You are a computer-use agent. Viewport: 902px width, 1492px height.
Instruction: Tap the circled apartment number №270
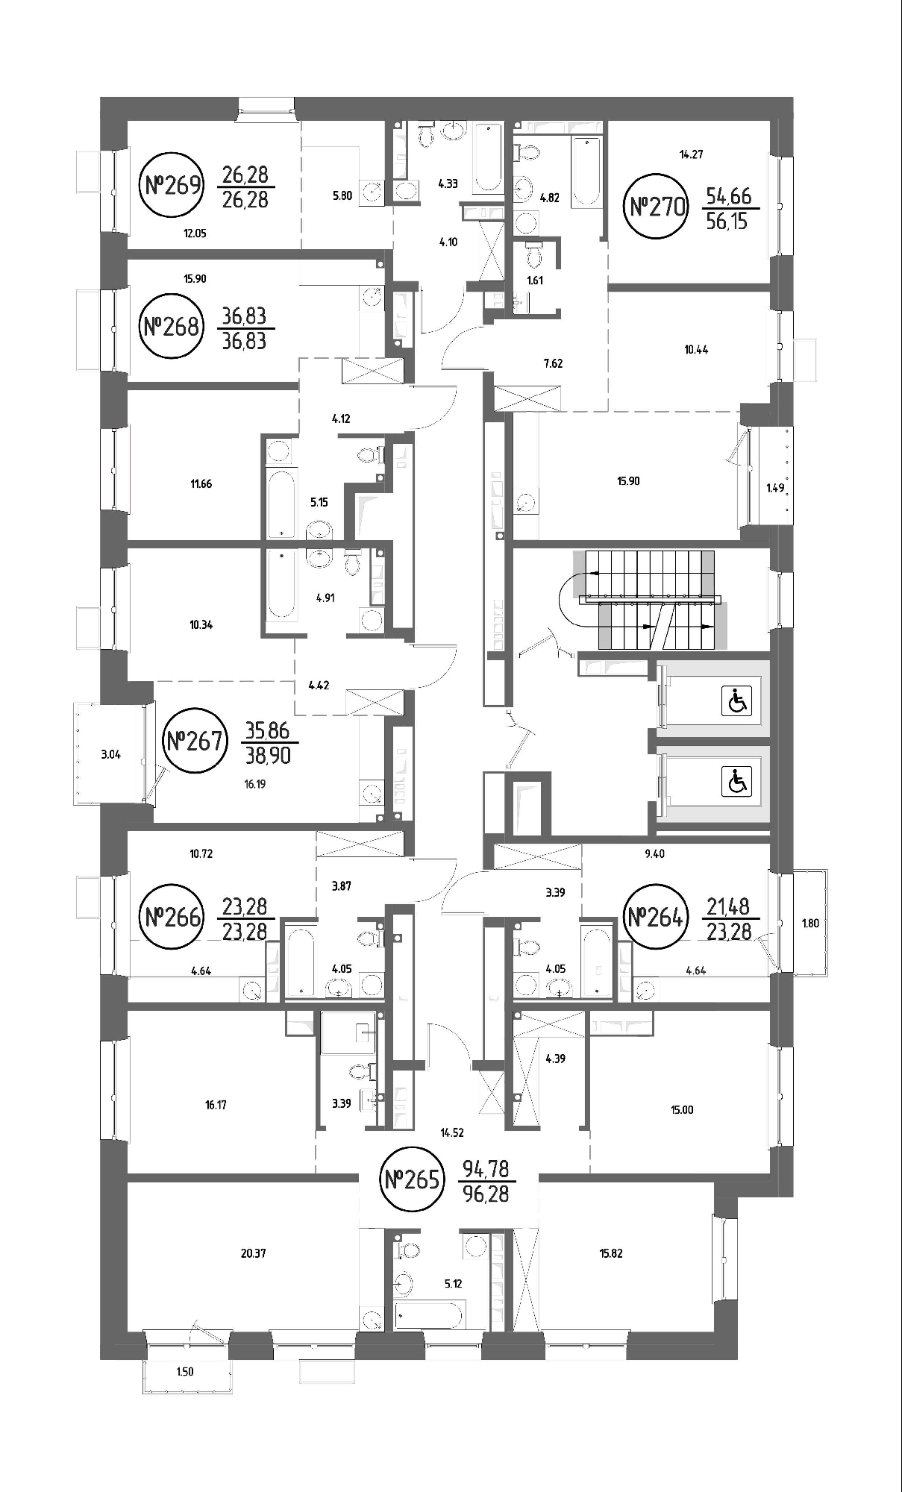tap(657, 206)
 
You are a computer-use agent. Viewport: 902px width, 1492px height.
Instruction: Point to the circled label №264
tap(655, 917)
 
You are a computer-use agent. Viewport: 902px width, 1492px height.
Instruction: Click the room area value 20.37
tap(253, 1253)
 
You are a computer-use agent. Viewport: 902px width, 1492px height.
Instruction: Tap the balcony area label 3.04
tap(110, 754)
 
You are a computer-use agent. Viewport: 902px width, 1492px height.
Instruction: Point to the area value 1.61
tap(534, 281)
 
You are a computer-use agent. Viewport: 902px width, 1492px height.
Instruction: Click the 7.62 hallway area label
tap(553, 364)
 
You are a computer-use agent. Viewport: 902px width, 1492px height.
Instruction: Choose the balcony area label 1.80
tap(810, 923)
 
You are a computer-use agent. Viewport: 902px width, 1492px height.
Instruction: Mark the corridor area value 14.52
tap(452, 1132)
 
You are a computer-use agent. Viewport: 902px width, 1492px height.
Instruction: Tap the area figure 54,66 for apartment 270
tap(729, 197)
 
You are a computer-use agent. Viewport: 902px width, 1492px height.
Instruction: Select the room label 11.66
tap(201, 484)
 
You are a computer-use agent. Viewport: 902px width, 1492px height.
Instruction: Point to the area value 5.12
tap(454, 1284)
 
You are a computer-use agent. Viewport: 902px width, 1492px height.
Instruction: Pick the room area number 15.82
tap(610, 1253)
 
